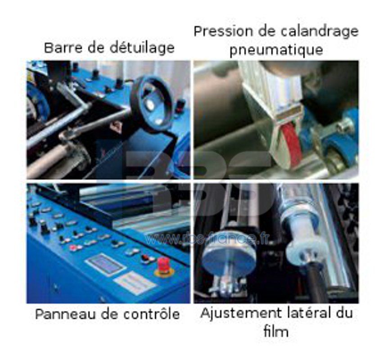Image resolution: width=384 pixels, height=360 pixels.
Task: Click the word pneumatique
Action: pos(276,49)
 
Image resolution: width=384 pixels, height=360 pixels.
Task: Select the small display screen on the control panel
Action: pos(105,264)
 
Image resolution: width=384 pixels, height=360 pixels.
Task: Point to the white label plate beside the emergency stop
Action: pos(134,283)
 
